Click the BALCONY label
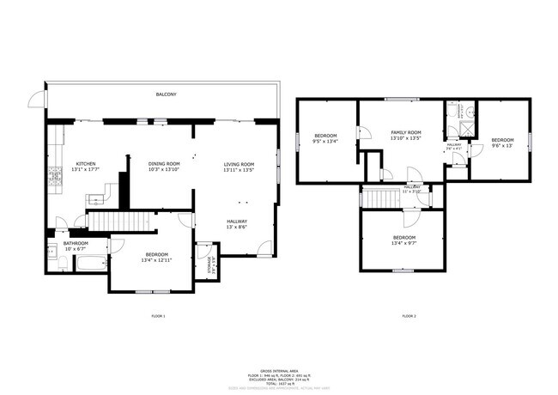point(166,94)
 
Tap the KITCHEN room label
point(85,164)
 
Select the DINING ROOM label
point(164,164)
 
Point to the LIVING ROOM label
point(240,164)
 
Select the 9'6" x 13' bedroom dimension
point(502,145)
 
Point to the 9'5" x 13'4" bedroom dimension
point(325,142)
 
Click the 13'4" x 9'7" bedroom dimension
point(404,243)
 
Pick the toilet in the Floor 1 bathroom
point(63,263)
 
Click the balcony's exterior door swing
point(36,100)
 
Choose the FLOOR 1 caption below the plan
point(157,317)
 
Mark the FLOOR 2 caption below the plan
point(409,317)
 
